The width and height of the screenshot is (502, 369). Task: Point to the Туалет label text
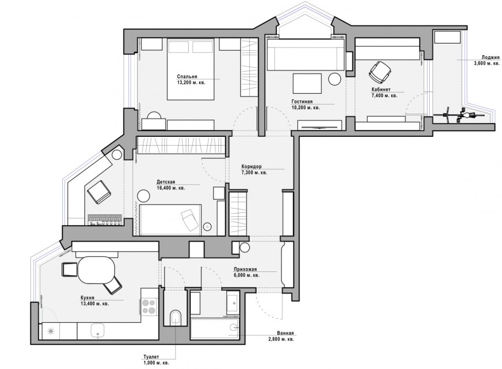(151, 359)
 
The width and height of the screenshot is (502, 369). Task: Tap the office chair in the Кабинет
(380, 71)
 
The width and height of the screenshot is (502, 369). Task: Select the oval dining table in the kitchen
(97, 271)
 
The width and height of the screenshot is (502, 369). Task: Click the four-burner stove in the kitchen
(149, 307)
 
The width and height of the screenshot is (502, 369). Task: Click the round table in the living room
(335, 79)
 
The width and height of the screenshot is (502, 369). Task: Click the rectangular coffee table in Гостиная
(307, 83)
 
